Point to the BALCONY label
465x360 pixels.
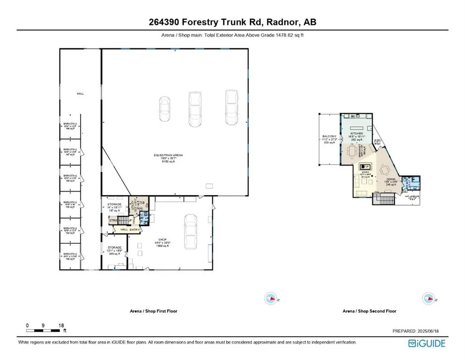[x=328, y=136]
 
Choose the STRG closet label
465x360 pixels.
[x=113, y=220]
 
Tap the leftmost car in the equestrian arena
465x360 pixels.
[x=165, y=110]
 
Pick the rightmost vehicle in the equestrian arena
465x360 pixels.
[x=230, y=107]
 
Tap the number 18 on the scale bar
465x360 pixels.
[x=61, y=325]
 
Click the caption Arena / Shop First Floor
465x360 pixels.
[x=154, y=311]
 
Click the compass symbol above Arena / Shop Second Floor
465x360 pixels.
[x=427, y=298]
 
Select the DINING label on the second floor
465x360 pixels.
[x=391, y=179]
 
